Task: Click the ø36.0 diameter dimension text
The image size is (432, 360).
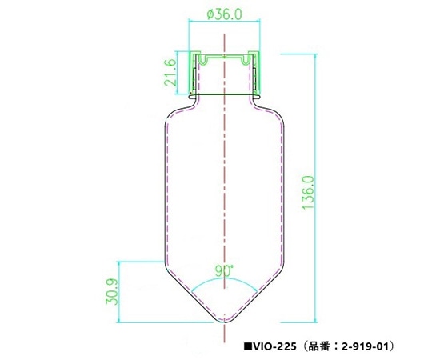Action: pyautogui.click(x=225, y=14)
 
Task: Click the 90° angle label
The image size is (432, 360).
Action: pyautogui.click(x=225, y=271)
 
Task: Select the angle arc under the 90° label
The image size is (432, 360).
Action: pyautogui.click(x=225, y=282)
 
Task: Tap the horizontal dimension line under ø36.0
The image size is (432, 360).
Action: pyautogui.click(x=225, y=23)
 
